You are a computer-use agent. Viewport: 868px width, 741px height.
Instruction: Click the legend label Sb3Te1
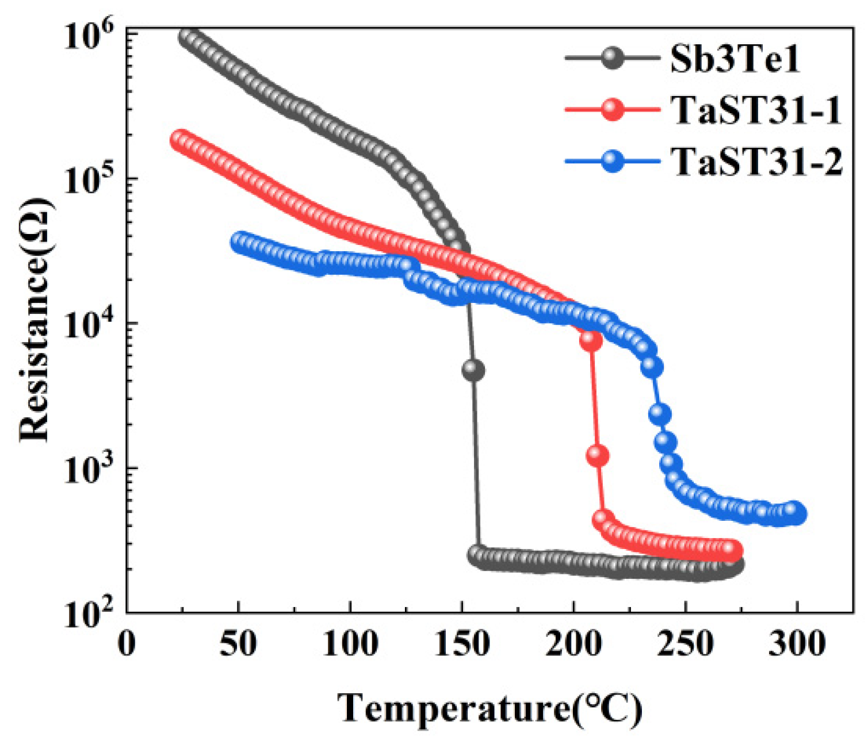click(735, 58)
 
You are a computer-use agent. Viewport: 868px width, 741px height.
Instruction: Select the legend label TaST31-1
click(756, 109)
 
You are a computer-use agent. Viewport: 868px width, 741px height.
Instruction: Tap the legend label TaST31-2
click(757, 161)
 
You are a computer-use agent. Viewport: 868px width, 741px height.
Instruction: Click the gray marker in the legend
click(612, 58)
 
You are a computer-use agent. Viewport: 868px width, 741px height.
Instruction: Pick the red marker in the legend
click(612, 109)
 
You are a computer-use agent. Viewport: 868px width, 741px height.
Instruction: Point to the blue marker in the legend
click(612, 161)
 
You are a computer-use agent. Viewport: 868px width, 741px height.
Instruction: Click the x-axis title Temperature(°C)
click(489, 708)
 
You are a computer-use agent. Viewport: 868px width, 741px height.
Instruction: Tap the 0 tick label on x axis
click(127, 643)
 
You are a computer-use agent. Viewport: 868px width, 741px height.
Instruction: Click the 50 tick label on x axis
click(238, 643)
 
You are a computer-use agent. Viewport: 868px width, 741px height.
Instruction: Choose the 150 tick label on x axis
click(462, 643)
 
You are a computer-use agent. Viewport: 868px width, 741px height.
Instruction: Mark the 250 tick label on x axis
click(686, 643)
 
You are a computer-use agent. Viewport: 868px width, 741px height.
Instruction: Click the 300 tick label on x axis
click(797, 643)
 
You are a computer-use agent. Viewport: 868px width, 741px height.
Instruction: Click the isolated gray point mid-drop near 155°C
click(473, 370)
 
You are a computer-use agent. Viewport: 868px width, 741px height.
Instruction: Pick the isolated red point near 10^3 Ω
click(598, 456)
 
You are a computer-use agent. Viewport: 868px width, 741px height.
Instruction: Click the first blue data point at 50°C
click(241, 242)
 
